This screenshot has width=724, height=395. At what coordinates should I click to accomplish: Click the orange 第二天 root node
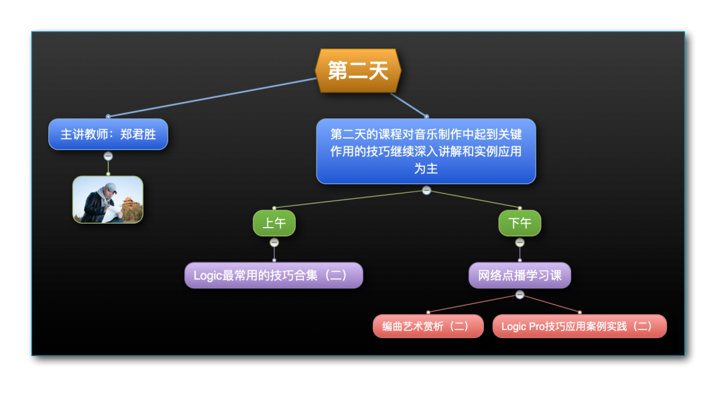tap(358, 70)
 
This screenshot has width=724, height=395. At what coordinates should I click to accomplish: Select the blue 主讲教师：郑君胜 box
tap(108, 134)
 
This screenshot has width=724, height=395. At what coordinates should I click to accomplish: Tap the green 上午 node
tap(274, 223)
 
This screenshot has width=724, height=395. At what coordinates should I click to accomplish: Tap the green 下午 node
tap(520, 223)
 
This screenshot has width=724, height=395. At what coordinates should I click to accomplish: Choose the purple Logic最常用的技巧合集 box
tap(274, 275)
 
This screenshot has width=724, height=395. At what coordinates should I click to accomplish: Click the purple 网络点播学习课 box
tap(520, 275)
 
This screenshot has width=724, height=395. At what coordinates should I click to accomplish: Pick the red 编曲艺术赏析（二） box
tap(428, 326)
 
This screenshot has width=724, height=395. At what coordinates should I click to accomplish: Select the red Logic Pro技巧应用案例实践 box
tap(579, 326)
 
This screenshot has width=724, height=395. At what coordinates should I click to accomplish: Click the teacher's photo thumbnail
tap(108, 200)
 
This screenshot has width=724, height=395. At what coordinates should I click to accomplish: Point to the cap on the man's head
tap(111, 187)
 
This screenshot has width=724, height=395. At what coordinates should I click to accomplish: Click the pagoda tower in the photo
tap(129, 209)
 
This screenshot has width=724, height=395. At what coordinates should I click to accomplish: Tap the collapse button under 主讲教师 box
tap(108, 156)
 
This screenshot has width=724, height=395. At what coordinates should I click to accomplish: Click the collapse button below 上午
tap(274, 242)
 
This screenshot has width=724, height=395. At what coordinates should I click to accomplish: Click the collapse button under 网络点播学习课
tap(520, 295)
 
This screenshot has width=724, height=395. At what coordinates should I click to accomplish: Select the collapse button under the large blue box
tap(426, 190)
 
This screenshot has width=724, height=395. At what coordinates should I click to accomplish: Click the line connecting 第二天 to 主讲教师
tap(213, 97)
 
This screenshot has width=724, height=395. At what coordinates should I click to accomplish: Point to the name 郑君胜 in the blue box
tap(138, 134)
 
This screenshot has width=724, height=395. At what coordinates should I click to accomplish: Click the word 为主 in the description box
tap(426, 168)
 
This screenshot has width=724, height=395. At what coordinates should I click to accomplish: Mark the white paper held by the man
tap(111, 213)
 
